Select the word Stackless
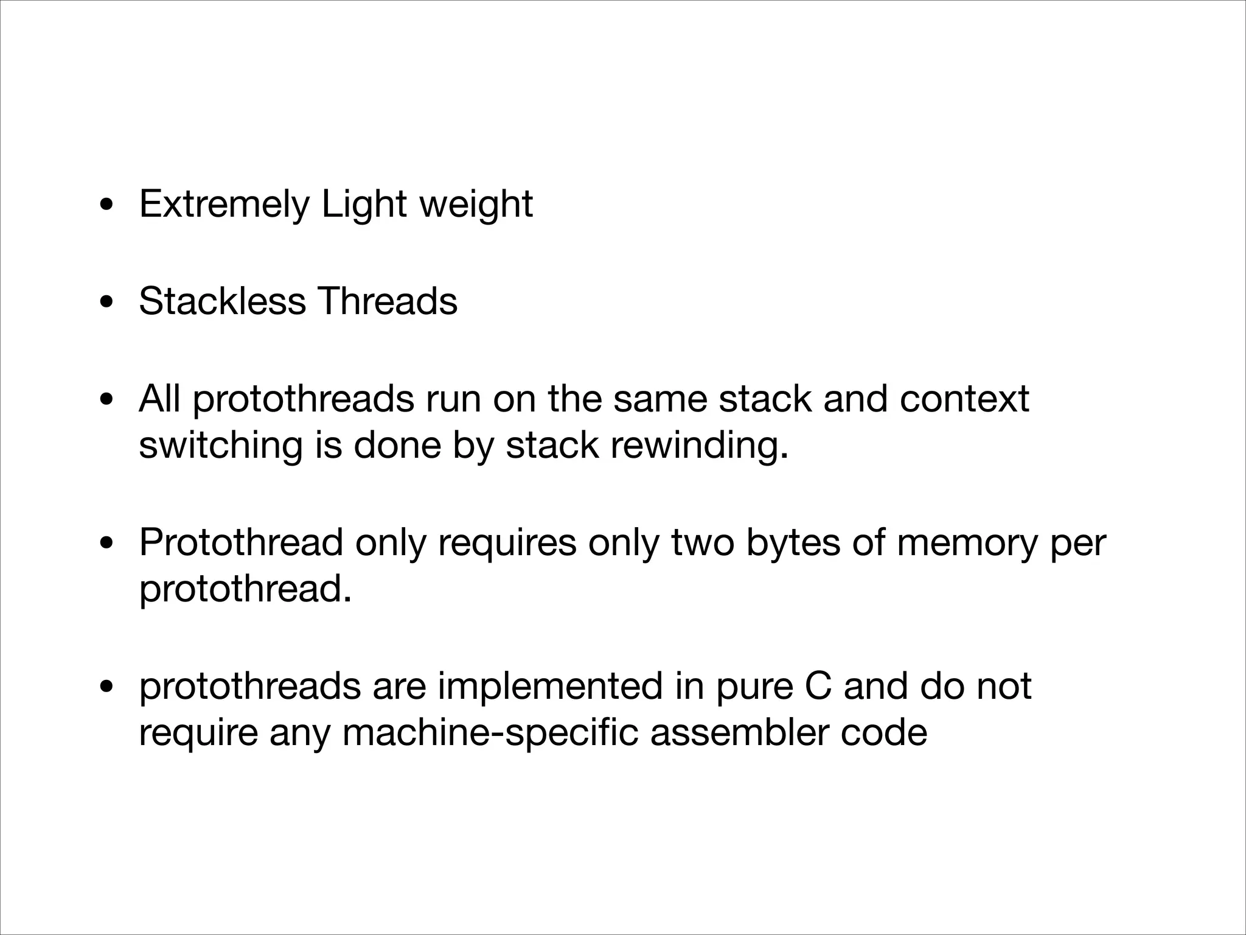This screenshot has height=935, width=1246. pos(222,301)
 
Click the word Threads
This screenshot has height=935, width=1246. pos(388,301)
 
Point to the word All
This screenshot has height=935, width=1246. pos(159,399)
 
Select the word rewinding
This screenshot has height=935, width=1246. pos(699,446)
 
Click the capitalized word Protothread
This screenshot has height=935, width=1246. pos(241,542)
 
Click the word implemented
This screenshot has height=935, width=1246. pos(549,686)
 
